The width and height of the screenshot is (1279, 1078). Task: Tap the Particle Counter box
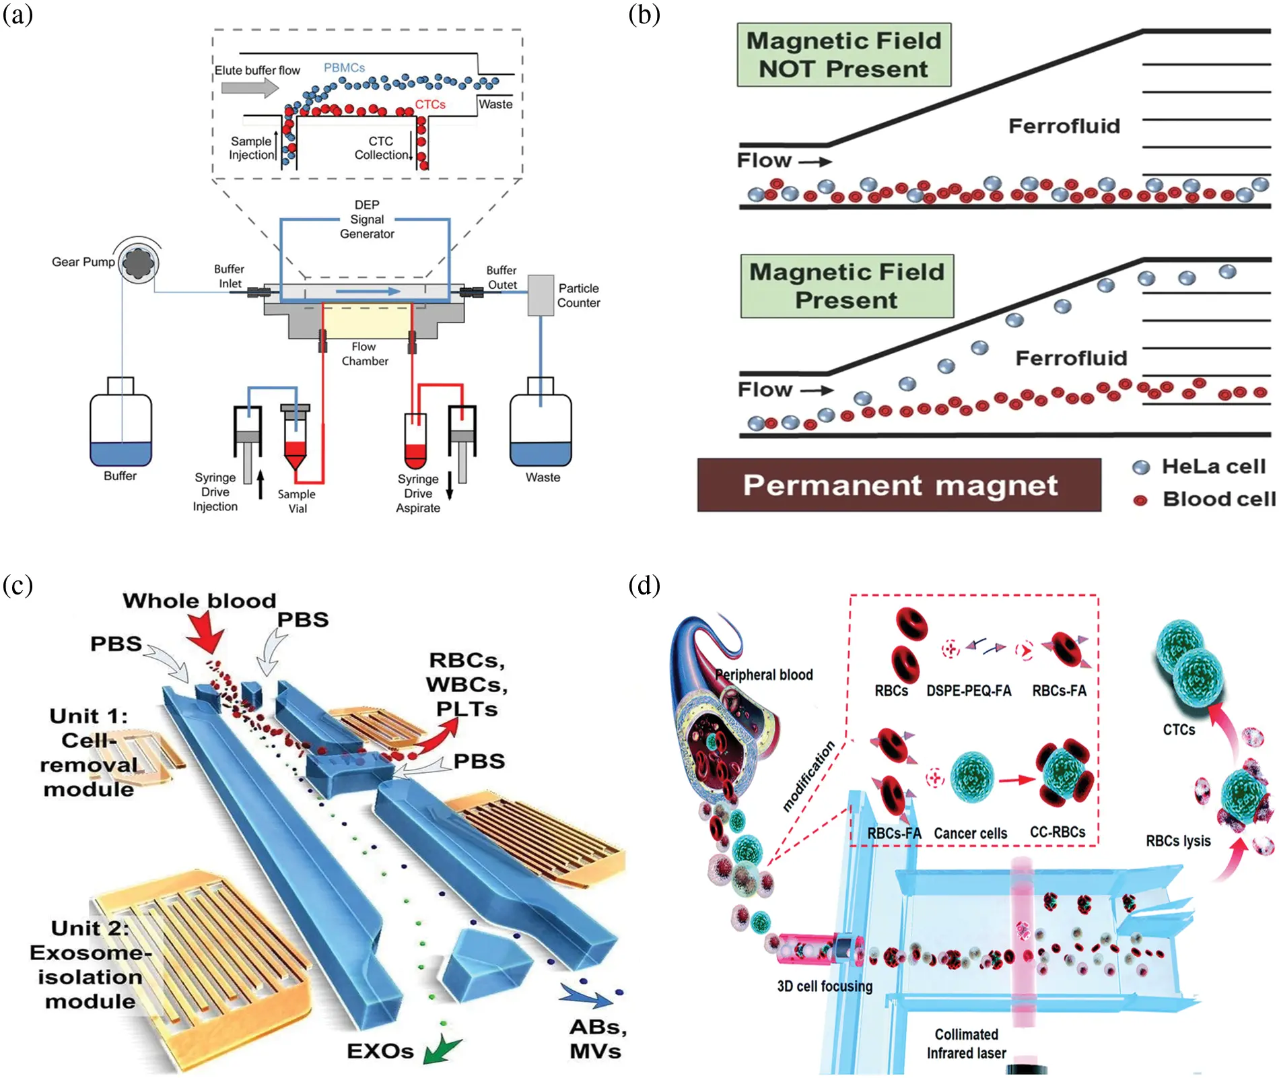[540, 295]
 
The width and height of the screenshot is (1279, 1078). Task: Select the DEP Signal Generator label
[367, 220]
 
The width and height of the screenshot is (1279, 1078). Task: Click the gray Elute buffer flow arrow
[250, 88]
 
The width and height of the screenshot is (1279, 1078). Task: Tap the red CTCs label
[430, 104]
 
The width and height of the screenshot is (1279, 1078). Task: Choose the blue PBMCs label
[344, 68]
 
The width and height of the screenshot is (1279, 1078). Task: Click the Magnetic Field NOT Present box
[843, 55]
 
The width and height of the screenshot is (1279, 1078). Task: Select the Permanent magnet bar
[899, 485]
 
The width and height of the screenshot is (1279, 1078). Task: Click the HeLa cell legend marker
[1140, 467]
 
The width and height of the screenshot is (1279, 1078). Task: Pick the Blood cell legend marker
[1140, 500]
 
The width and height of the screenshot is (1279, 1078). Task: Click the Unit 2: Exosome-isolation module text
[90, 965]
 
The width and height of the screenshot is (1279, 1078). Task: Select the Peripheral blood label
[763, 675]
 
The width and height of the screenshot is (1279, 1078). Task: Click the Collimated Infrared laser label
[966, 1044]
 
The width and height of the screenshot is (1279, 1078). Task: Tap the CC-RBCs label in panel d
[1058, 832]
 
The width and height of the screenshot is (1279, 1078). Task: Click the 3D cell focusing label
[825, 986]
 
